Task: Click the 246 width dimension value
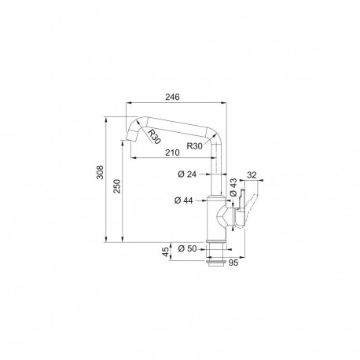tap(172, 97)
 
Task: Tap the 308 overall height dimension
tap(100, 172)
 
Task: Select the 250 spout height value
tap(117, 186)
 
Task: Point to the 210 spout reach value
tap(172, 152)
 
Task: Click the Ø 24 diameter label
tap(187, 174)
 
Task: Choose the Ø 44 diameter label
tap(183, 200)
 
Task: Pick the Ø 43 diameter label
tap(233, 187)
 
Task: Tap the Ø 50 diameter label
tap(187, 248)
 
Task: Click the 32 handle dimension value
tap(252, 174)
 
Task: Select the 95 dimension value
tap(233, 263)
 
